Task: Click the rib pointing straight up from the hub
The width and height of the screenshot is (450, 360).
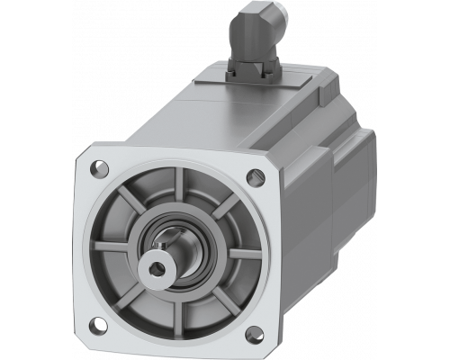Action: coord(186,194)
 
